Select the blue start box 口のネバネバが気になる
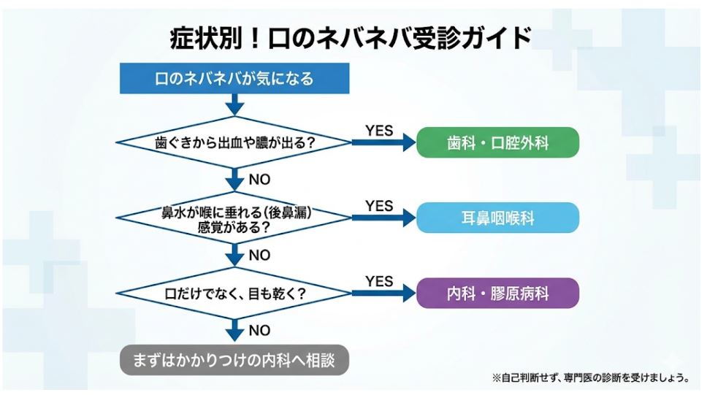[x=234, y=78]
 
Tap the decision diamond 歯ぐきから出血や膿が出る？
[x=234, y=142]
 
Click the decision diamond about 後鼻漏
[x=234, y=219]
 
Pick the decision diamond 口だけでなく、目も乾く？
[x=234, y=294]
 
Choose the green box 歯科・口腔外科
[x=497, y=142]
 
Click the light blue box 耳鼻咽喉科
[x=497, y=218]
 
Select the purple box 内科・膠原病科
[x=497, y=294]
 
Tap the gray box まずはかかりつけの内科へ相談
[x=234, y=360]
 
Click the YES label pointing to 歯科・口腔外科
[x=378, y=131]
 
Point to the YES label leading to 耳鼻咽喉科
[x=378, y=206]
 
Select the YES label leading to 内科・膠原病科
[x=378, y=282]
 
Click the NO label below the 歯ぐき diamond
[x=259, y=179]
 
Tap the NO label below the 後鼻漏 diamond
[x=259, y=255]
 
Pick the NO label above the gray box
[x=259, y=331]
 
